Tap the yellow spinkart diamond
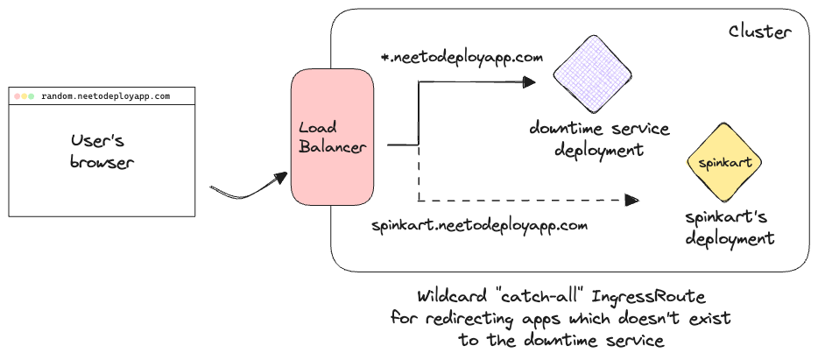point(724,162)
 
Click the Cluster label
point(760,32)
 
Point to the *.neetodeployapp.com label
point(462,58)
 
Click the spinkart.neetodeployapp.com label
point(478,225)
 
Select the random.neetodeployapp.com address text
point(106,95)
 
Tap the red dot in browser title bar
point(18,95)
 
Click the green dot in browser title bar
point(32,95)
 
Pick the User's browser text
point(102,151)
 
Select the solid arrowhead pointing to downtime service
point(528,81)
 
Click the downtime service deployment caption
point(599,139)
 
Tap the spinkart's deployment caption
point(729,226)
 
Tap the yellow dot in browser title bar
point(25,95)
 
